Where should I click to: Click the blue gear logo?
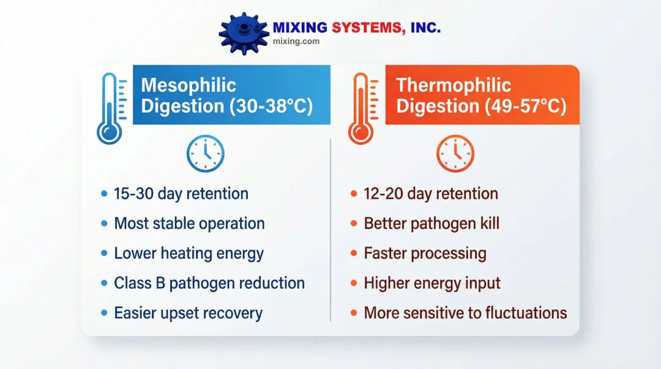point(244,34)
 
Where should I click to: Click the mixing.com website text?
point(296,42)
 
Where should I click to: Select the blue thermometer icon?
point(111,108)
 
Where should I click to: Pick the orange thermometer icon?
point(362,108)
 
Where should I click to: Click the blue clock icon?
point(205,154)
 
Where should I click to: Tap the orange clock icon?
point(455,154)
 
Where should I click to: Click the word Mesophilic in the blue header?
point(189,86)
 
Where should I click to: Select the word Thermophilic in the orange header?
point(454,86)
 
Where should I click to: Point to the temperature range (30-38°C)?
point(271,106)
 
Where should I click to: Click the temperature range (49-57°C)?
point(525,106)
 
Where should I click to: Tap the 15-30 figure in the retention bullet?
point(133,193)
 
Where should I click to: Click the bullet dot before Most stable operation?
point(104,223)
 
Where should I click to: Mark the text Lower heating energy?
point(189,253)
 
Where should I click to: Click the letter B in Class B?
point(160,283)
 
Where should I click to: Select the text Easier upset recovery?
point(189,313)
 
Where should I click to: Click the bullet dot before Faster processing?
point(354,253)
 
